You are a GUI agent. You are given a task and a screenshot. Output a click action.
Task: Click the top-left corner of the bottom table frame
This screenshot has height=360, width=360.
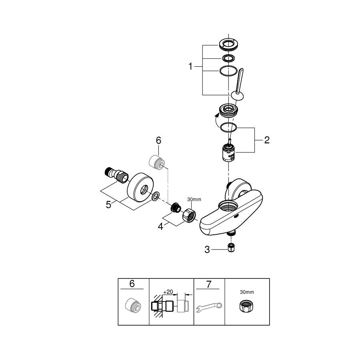pyautogui.click(x=118, y=278)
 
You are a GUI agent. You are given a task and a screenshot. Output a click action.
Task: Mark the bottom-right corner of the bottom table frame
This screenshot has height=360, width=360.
pyautogui.click(x=270, y=325)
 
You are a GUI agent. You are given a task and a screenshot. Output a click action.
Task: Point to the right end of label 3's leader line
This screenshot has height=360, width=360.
pyautogui.click(x=227, y=249)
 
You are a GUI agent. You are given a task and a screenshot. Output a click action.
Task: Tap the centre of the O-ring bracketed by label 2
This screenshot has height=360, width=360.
pyautogui.click(x=228, y=128)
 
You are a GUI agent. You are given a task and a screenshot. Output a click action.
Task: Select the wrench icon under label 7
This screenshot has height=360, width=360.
pyautogui.click(x=209, y=307)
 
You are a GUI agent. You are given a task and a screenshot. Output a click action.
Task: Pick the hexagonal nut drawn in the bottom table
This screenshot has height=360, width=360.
pyautogui.click(x=246, y=306)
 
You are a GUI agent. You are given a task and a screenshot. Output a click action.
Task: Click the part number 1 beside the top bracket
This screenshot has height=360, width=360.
pyautogui.click(x=190, y=66)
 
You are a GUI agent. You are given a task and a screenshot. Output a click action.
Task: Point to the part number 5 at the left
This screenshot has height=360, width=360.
pyautogui.click(x=108, y=204)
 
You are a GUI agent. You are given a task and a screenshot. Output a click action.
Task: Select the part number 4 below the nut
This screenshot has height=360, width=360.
pyautogui.click(x=160, y=226)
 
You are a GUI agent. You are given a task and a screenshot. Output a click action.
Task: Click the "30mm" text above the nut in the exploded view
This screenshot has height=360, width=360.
pyautogui.click(x=194, y=200)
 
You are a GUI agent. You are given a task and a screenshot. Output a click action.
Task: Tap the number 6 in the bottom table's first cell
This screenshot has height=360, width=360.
pyautogui.click(x=132, y=284)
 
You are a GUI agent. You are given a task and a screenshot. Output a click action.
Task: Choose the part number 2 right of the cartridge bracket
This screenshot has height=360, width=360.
pyautogui.click(x=267, y=140)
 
